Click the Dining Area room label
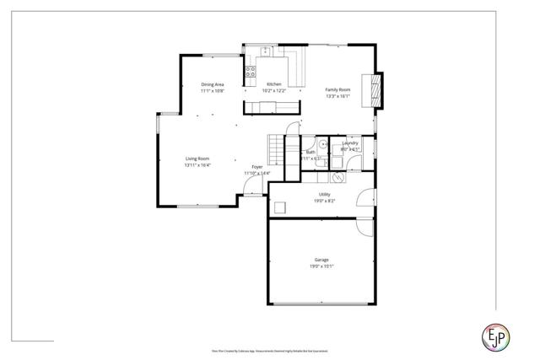coord(213,84)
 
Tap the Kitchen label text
coord(274,84)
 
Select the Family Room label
coord(338,89)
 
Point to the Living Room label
coord(197,159)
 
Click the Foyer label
coord(256,167)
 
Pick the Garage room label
coord(322,260)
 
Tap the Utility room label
coord(325,195)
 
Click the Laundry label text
coord(350,143)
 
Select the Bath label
coord(310,153)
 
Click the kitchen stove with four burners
coord(251,73)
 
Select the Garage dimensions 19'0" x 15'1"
coord(322,266)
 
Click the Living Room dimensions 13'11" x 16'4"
coord(197,165)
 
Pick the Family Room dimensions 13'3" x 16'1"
coord(338,96)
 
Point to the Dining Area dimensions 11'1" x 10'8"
coord(213,91)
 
